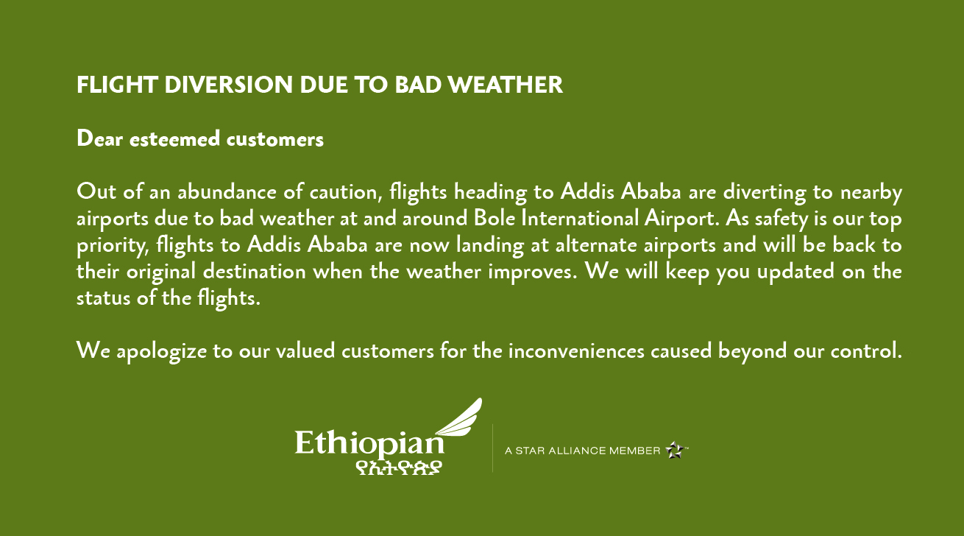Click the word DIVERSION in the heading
[229, 85]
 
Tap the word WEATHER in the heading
[506, 85]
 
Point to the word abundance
[227, 191]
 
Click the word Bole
[495, 218]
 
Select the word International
[580, 218]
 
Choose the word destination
[255, 272]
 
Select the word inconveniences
[577, 351]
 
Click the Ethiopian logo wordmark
[369, 444]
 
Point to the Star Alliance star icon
[674, 450]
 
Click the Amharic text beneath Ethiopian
[399, 468]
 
